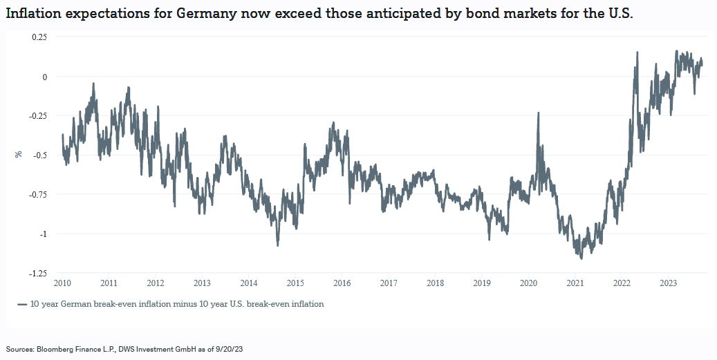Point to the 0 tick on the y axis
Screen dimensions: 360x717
[44, 76]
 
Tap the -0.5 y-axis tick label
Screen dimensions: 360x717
[39, 155]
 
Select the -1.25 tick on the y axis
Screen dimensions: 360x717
[38, 274]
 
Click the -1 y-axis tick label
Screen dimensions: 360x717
[43, 234]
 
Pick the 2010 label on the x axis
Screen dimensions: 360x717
[62, 283]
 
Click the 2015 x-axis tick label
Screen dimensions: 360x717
[295, 283]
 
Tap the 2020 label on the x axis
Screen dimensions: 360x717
[528, 283]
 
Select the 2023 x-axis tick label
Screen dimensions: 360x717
[669, 283]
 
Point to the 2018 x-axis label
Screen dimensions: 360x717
[435, 283]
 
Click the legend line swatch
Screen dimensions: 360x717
[22, 304]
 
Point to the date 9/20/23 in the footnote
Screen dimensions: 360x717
[228, 350]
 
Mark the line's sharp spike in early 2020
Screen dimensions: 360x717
[538, 113]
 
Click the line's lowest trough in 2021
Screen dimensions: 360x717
[581, 258]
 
